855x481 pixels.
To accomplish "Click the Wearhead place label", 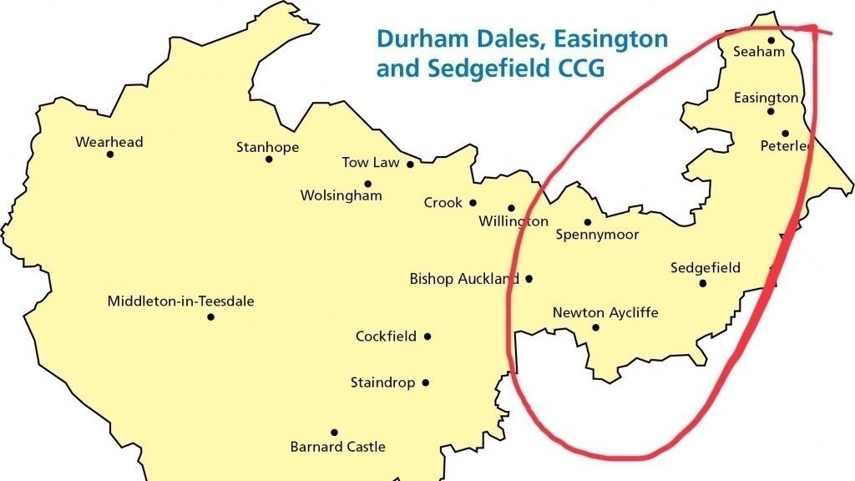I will (x=109, y=142).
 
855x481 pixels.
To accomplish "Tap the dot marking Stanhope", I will (x=269, y=159).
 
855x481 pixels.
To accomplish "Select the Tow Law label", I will (x=371, y=163).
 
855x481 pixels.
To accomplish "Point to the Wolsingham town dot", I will (x=367, y=184).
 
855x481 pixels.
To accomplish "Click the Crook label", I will (x=443, y=203).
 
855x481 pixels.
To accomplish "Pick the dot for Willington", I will (x=511, y=208).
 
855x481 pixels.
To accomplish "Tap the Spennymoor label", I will (x=597, y=235).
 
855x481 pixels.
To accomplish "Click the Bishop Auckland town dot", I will (x=529, y=279).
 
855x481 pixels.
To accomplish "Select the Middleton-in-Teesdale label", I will (x=180, y=301).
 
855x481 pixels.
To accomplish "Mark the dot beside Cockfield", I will (x=427, y=337).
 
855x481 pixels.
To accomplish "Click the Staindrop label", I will (x=382, y=383).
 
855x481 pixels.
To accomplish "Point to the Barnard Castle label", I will (x=337, y=447).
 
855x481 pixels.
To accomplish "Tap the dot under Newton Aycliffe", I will (x=595, y=327).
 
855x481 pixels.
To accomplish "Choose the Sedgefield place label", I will (x=706, y=268).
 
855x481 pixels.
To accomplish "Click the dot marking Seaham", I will (x=772, y=39).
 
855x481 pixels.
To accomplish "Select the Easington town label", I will (x=766, y=99).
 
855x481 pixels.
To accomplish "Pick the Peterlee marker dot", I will (x=786, y=133).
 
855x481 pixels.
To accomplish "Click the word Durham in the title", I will (x=417, y=38).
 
